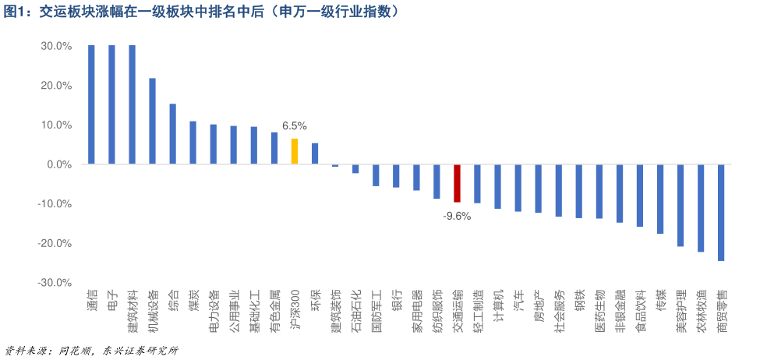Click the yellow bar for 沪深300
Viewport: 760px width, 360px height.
click(294, 152)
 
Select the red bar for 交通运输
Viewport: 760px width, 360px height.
click(457, 184)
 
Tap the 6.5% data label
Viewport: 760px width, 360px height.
click(295, 126)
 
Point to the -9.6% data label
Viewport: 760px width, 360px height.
click(457, 217)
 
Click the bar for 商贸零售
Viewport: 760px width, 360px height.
click(721, 213)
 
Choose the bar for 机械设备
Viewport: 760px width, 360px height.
click(152, 122)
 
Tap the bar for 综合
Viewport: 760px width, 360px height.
click(172, 134)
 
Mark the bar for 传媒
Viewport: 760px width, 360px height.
click(659, 199)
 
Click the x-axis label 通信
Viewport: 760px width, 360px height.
click(91, 301)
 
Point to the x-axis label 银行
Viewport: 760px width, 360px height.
click(396, 301)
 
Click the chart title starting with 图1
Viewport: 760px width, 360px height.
click(202, 12)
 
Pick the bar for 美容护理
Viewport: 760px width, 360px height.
click(680, 206)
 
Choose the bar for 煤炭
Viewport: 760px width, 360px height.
click(193, 143)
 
